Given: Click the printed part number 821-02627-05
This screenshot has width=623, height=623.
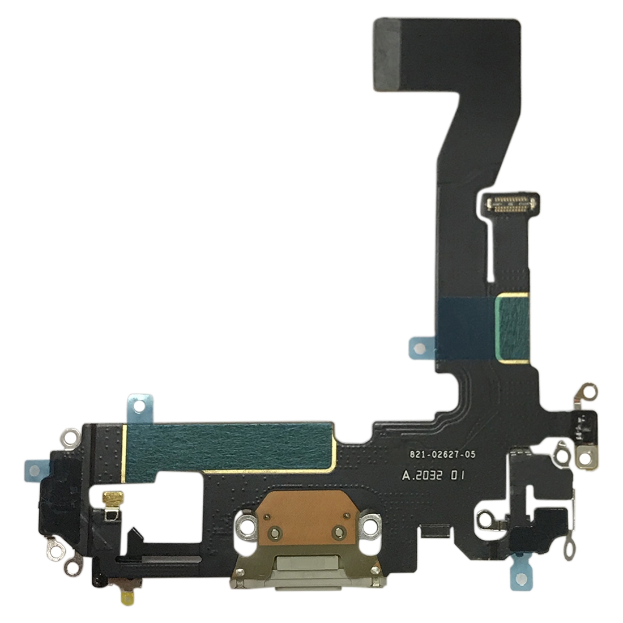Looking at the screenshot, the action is [442, 454].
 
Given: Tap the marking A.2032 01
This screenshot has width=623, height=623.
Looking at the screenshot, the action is [433, 475].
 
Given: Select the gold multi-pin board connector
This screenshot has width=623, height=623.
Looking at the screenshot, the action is [510, 203].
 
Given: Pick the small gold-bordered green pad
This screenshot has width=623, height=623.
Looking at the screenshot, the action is [512, 328].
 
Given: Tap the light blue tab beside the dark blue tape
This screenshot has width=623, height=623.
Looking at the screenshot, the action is [421, 348].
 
